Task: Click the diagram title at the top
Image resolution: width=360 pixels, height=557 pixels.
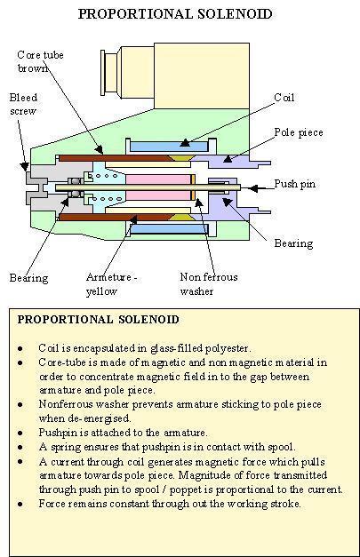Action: (175, 14)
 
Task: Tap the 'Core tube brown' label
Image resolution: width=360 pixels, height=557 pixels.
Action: (41, 61)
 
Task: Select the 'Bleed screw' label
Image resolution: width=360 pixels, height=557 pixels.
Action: (23, 104)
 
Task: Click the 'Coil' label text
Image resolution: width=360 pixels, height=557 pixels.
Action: (284, 98)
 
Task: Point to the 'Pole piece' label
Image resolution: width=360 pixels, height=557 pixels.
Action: (299, 132)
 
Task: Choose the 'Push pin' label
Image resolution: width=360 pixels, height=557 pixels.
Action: (294, 184)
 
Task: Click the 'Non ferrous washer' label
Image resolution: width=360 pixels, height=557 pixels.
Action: (209, 283)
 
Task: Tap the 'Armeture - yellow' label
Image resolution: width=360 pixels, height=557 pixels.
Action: (112, 283)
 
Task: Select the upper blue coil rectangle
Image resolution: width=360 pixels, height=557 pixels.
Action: (169, 147)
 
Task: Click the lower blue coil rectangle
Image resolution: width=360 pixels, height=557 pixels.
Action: (169, 228)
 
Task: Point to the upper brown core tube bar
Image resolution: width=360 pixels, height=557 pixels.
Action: (115, 158)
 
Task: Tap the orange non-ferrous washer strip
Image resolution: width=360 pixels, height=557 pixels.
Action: (193, 187)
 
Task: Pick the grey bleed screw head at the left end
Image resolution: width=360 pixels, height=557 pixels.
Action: (36, 187)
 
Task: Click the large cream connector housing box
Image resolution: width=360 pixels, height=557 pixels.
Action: (202, 76)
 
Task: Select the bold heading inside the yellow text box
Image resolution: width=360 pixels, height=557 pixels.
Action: (99, 319)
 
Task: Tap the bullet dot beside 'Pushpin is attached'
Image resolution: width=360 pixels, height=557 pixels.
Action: (20, 433)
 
